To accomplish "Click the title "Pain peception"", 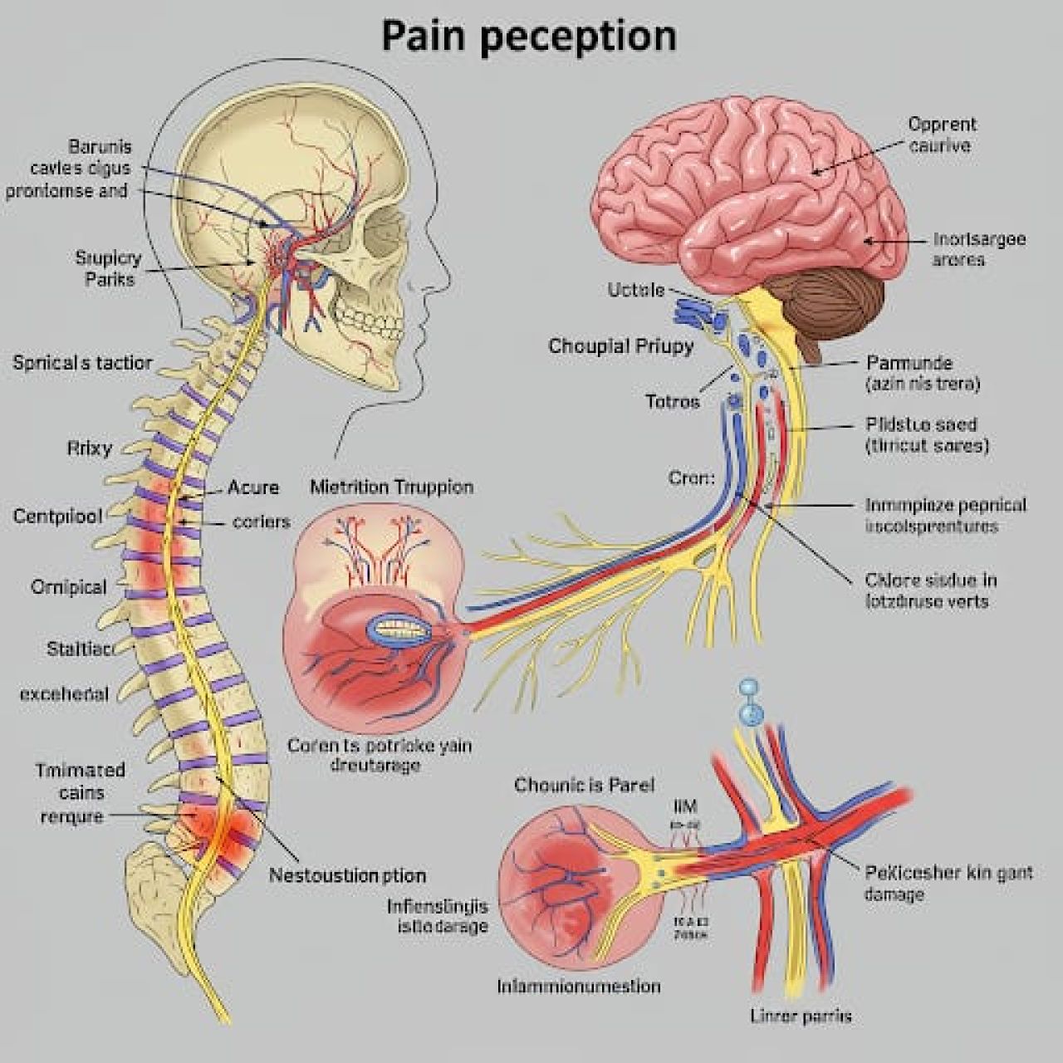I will (x=529, y=37).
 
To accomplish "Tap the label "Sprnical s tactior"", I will (x=82, y=362).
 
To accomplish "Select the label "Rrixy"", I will (x=89, y=448).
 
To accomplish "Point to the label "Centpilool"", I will (x=58, y=516).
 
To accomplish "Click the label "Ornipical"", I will (x=69, y=587).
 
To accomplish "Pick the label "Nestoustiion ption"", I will (x=347, y=875).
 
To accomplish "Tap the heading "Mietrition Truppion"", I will (x=391, y=487).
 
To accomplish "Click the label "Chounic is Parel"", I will (x=584, y=785).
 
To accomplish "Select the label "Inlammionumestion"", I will (x=579, y=986).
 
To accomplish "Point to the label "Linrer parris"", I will (x=801, y=1016).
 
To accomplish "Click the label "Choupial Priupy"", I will (x=620, y=346).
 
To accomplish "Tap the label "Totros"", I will (x=673, y=402).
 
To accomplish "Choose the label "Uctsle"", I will (x=636, y=290).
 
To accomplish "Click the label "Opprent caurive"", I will (x=942, y=135).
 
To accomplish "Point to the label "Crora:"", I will (x=691, y=478).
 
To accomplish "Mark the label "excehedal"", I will (x=64, y=693).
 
